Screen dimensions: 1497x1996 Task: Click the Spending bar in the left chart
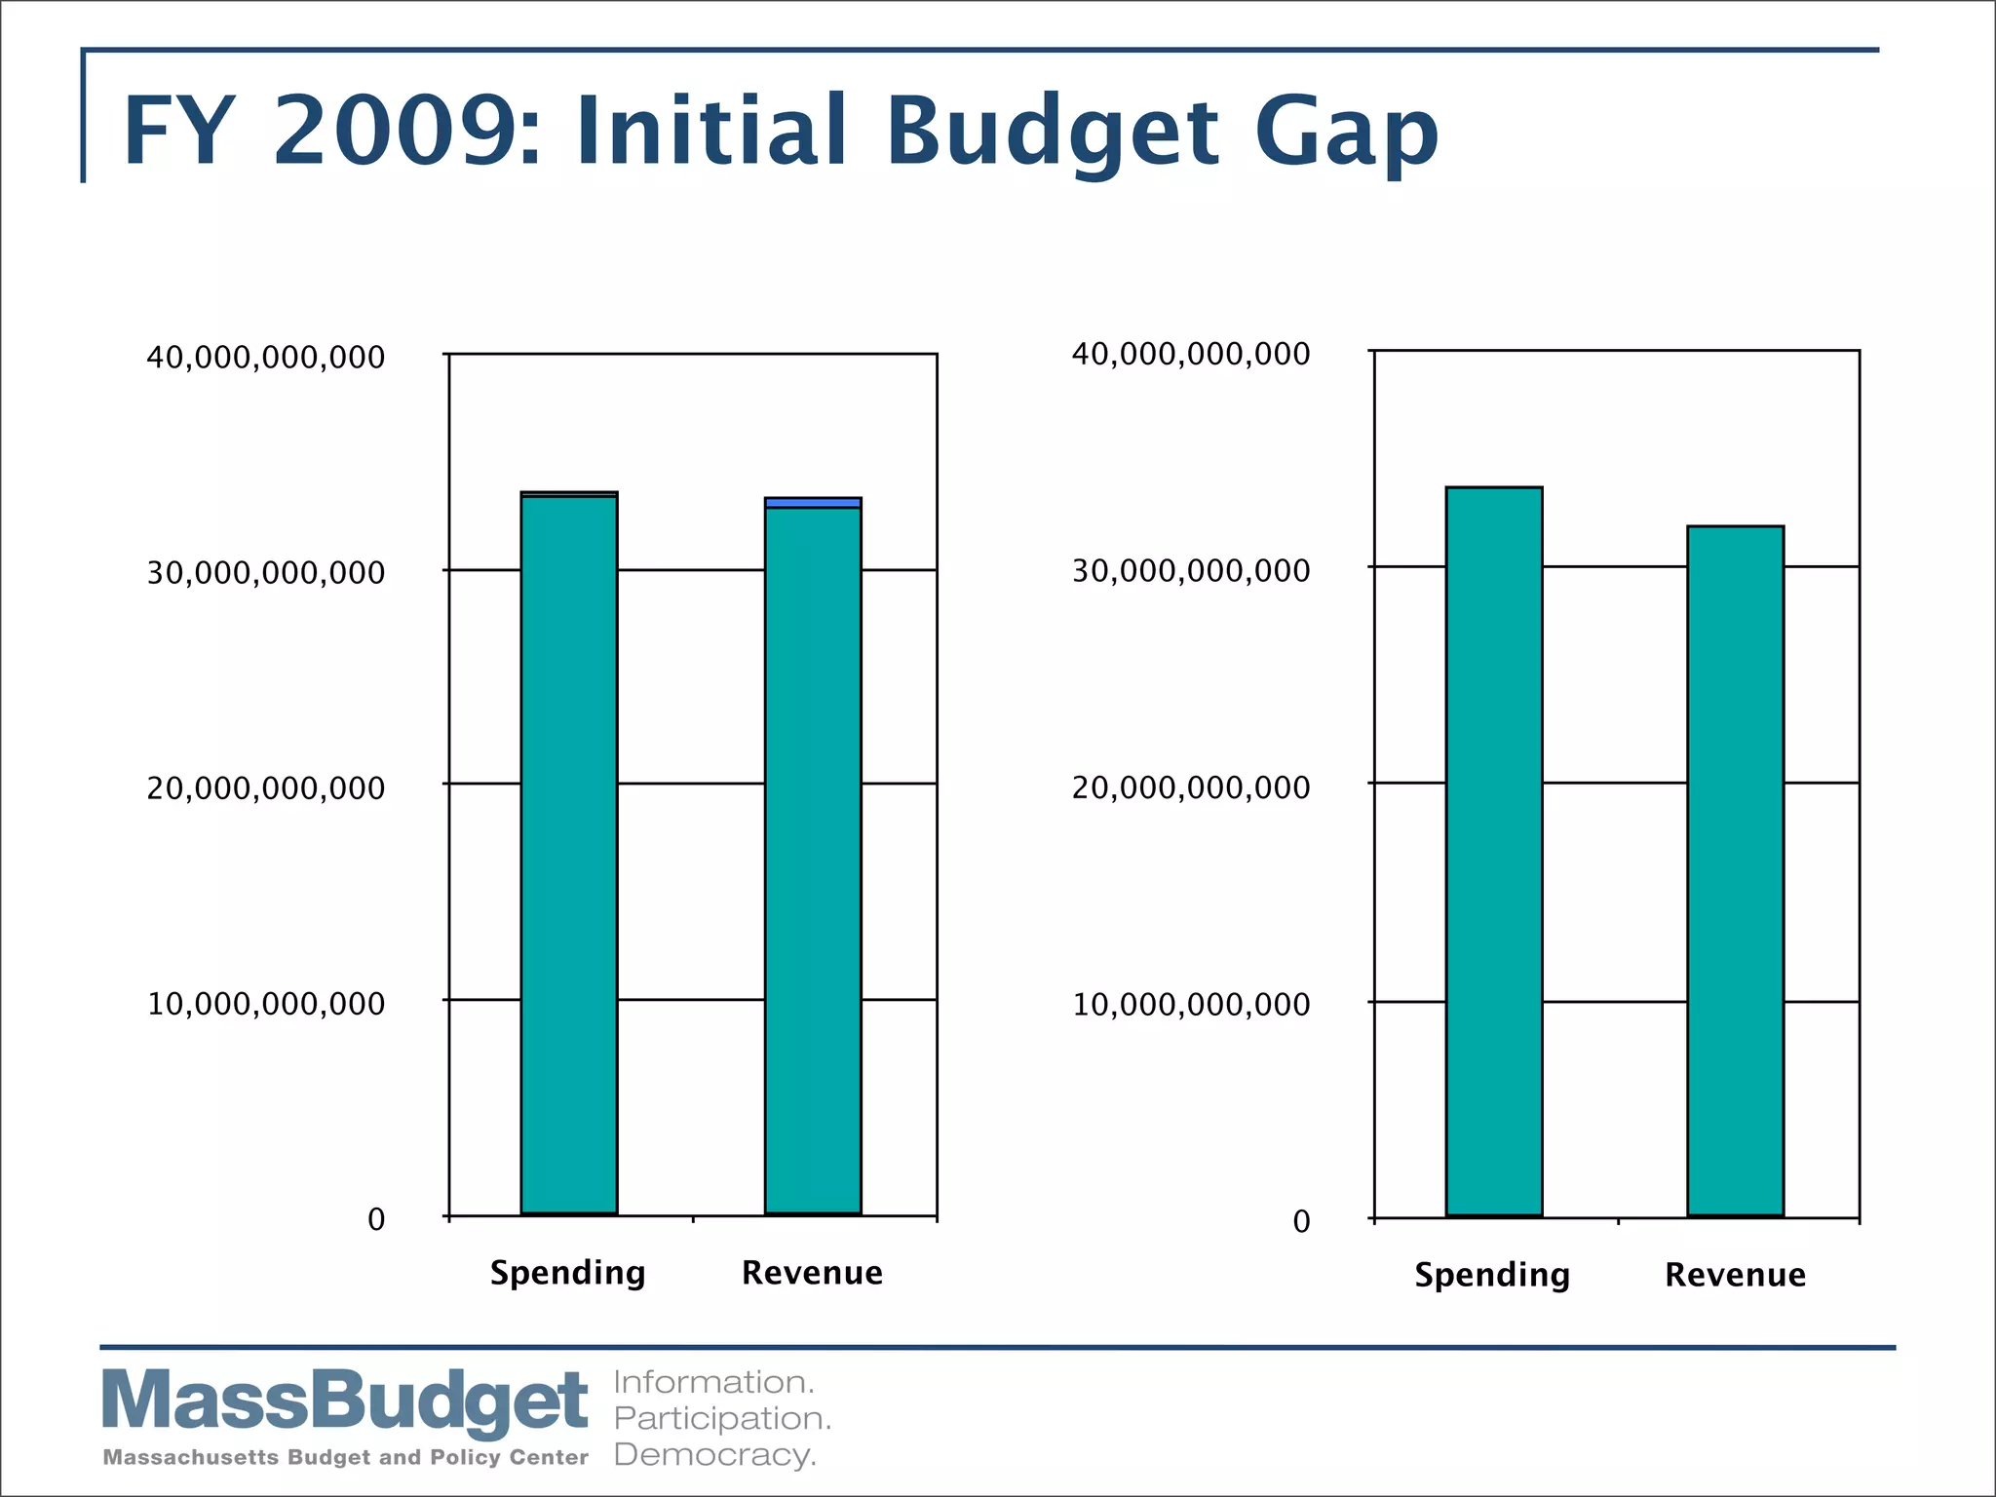point(569,855)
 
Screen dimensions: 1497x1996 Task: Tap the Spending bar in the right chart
point(1494,852)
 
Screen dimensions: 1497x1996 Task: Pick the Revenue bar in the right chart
point(1736,871)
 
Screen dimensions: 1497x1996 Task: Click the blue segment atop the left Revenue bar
point(813,503)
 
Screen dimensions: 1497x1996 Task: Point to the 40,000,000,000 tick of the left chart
point(266,358)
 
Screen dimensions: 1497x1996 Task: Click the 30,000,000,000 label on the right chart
point(1191,570)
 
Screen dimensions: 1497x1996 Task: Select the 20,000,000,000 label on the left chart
point(266,787)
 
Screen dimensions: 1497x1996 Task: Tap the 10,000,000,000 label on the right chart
point(1191,1004)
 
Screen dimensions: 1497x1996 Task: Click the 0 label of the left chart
point(376,1219)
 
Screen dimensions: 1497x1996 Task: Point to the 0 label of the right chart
point(1301,1221)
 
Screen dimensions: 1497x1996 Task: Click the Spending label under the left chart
point(567,1273)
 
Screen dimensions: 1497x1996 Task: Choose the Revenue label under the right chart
point(1735,1275)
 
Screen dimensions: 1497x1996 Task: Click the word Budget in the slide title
point(1053,132)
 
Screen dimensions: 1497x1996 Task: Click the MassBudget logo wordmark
point(345,1401)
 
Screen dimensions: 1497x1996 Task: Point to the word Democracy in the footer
point(714,1455)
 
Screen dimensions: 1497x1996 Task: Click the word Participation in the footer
point(722,1418)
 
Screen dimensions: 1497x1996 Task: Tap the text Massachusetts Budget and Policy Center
point(345,1457)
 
